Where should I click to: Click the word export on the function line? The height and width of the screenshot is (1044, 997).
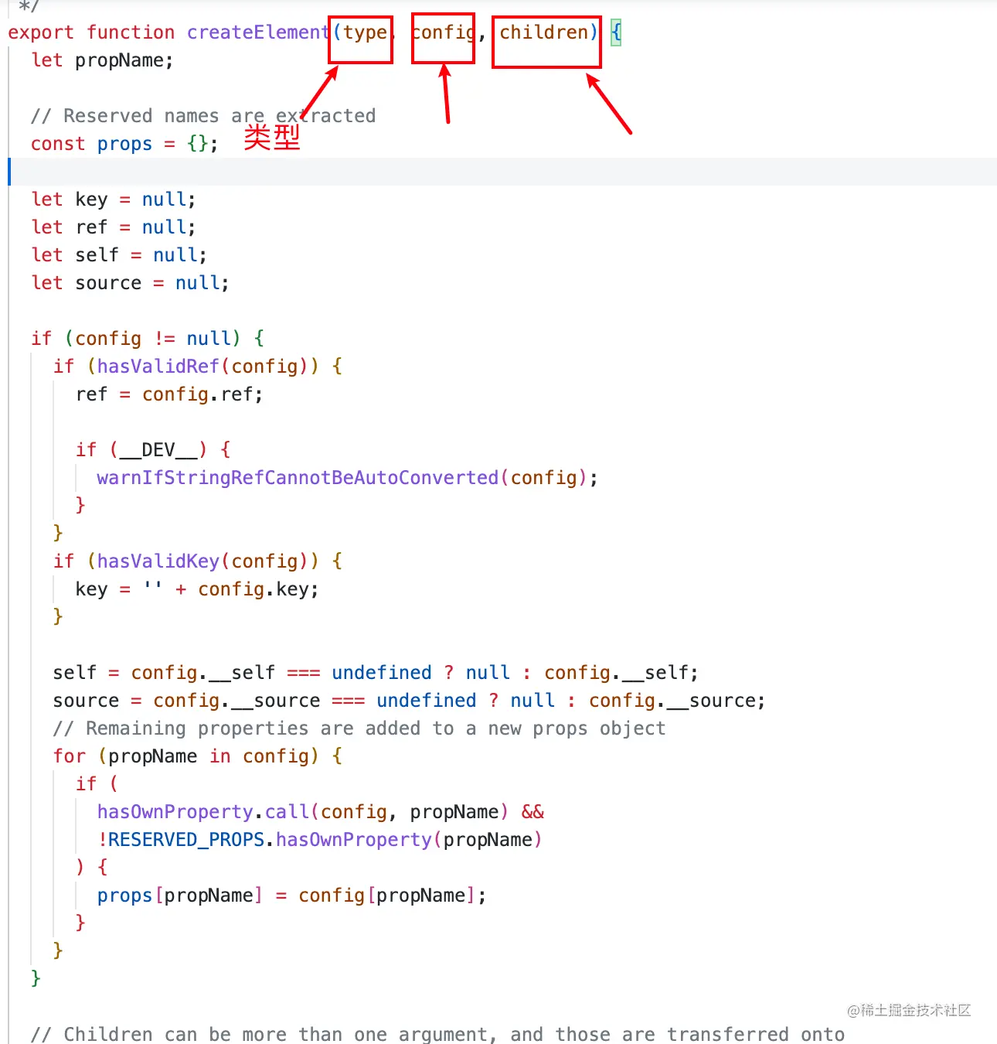coord(41,32)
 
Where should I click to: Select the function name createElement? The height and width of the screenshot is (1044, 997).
coord(258,32)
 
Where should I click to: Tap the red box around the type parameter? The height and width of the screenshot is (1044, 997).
coord(361,39)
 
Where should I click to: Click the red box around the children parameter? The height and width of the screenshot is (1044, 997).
coord(546,43)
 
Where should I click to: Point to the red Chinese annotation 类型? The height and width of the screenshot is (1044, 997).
coord(272,138)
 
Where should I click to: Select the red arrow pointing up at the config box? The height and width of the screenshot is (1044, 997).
coord(446,94)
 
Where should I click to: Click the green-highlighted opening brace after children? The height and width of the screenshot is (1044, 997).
coord(616,32)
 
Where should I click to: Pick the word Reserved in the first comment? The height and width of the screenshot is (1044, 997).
coord(107,116)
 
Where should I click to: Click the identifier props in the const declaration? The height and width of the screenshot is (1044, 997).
coord(124,144)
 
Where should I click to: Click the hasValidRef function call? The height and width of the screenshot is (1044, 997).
coord(158,367)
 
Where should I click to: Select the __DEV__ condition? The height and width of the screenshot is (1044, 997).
coord(158,450)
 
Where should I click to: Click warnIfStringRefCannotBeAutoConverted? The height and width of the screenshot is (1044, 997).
coord(298,478)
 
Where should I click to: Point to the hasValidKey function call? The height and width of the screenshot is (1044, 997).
coord(158,561)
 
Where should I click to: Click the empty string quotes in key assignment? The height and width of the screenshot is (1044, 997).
coord(153,589)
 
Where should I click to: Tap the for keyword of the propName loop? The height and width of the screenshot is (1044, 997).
coord(69,756)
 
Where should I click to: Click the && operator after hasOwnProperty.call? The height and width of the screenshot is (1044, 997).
coord(533,812)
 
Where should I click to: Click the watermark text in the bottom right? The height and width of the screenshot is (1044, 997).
coord(909,1010)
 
